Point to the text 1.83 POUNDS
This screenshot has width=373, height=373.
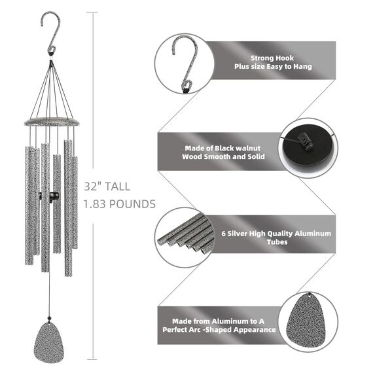coord(119,204)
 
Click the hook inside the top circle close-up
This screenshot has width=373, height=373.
coord(185,64)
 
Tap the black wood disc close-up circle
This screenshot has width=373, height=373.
coord(308,148)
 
